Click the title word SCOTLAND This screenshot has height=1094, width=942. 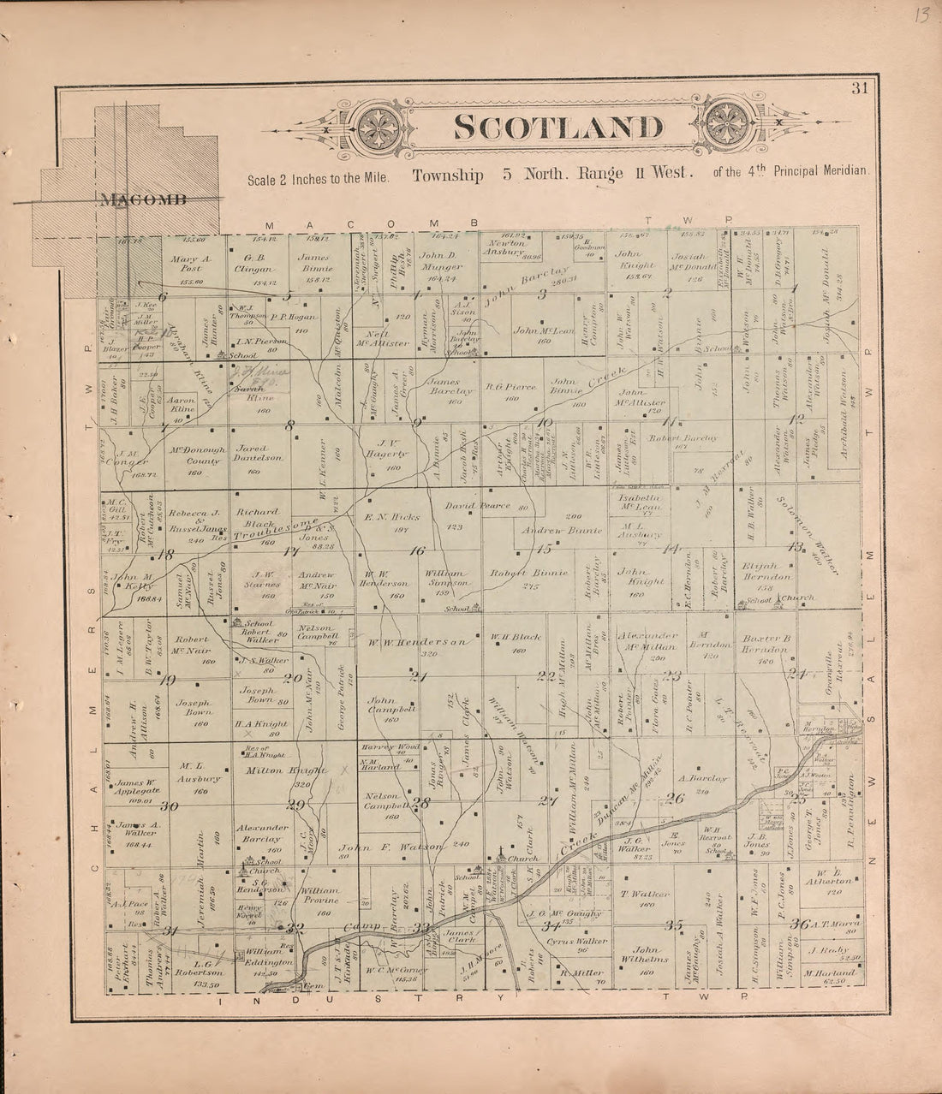pyautogui.click(x=557, y=128)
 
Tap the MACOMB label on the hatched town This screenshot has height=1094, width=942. pyautogui.click(x=142, y=200)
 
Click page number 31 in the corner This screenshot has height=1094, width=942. pyautogui.click(x=859, y=86)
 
